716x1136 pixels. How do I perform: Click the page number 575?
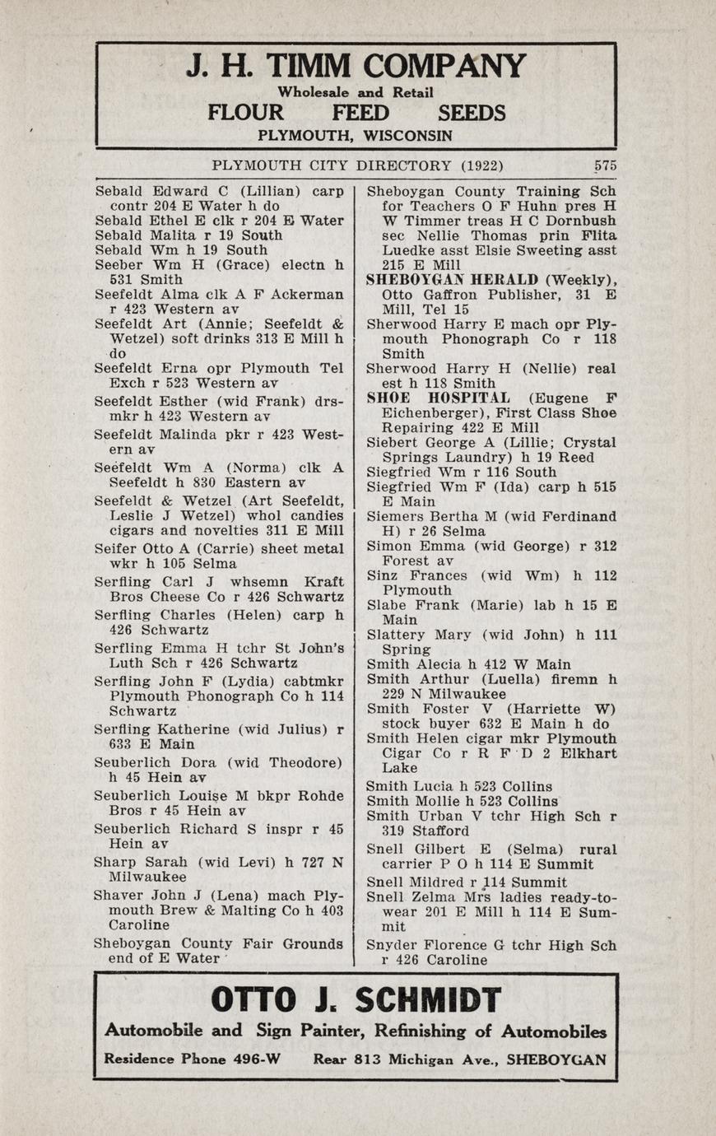605,165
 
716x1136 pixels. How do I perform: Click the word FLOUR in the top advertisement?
245,114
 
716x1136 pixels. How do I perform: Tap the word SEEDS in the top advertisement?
472,114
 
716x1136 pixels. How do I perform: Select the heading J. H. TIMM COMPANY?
356,67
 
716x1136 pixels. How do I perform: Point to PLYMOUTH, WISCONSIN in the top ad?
356,135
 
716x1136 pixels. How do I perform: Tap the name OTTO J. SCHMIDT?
356,1000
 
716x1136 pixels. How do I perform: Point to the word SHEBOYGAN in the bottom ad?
556,1059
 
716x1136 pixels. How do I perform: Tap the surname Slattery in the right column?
396,635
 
